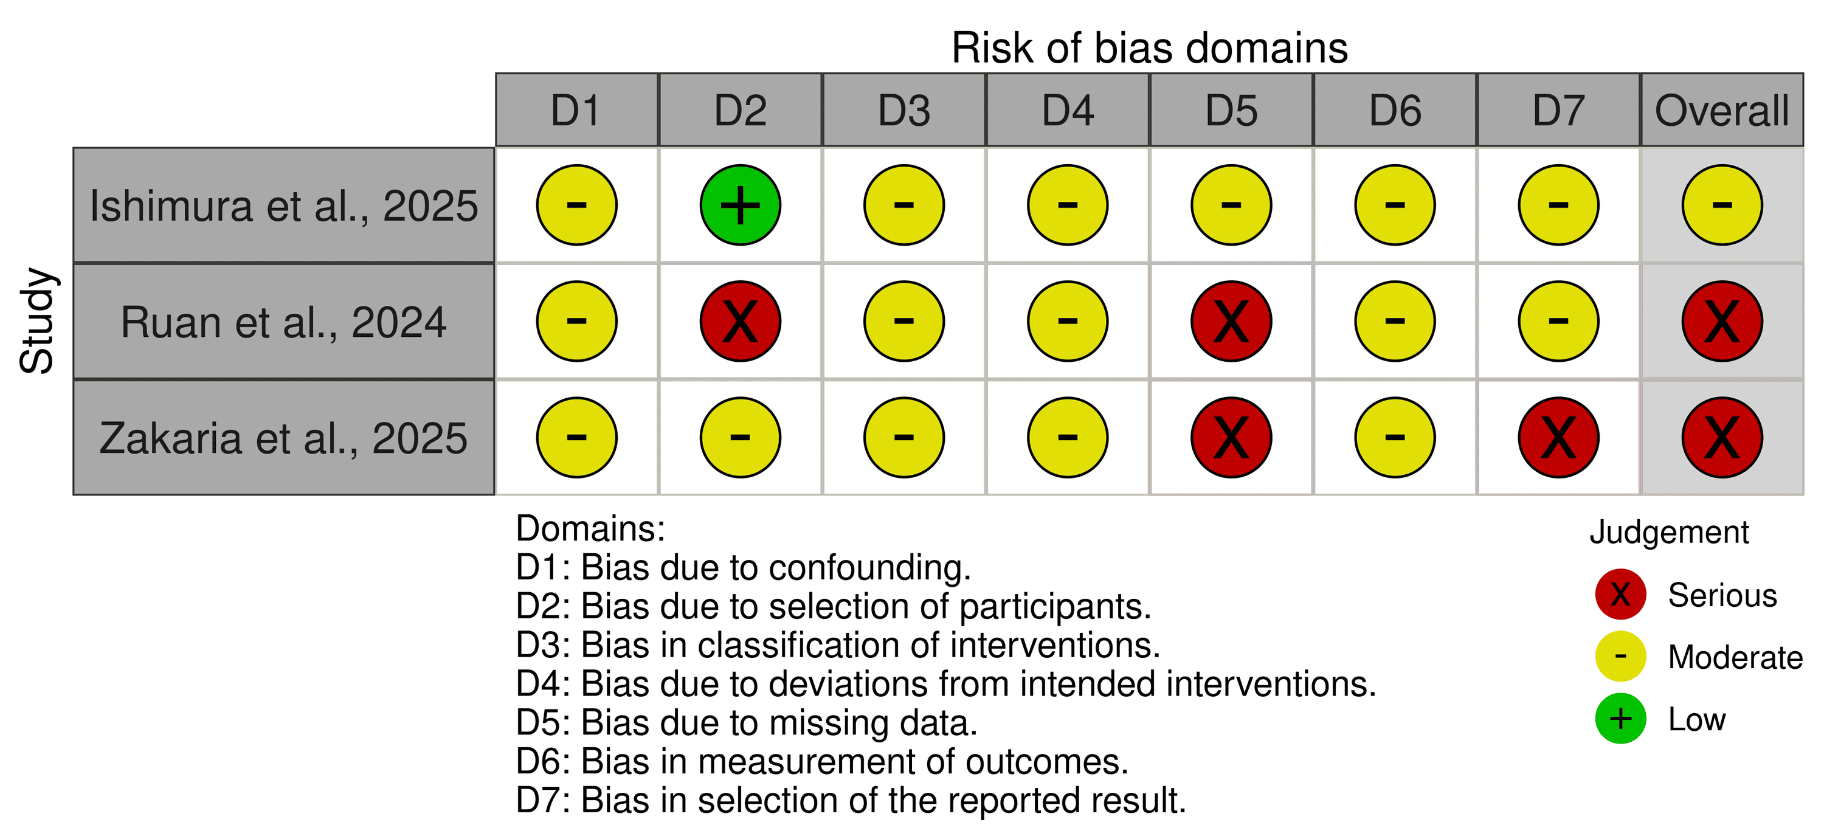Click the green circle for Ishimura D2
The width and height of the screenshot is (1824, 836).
click(x=740, y=206)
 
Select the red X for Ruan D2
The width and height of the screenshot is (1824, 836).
click(x=740, y=322)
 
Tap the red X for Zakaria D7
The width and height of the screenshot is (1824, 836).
click(x=1558, y=438)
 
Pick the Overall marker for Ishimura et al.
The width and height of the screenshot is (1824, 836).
click(x=1722, y=206)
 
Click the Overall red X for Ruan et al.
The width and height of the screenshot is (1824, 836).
click(x=1722, y=322)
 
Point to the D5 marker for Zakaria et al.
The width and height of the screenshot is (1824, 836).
click(x=1231, y=438)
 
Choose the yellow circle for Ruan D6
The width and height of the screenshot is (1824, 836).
click(x=1395, y=322)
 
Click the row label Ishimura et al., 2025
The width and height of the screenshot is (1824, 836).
click(x=284, y=206)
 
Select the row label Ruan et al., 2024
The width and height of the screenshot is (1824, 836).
click(x=284, y=322)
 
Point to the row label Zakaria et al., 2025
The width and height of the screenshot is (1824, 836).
click(x=284, y=438)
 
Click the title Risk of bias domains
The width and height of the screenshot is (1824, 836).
click(x=1149, y=48)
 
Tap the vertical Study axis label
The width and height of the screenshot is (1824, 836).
click(x=37, y=320)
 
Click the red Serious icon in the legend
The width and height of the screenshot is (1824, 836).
click(x=1620, y=595)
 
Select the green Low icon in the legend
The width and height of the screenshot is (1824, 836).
click(x=1620, y=719)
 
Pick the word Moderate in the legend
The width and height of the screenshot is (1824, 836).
click(x=1735, y=658)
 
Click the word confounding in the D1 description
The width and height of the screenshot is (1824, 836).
click(x=869, y=568)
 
